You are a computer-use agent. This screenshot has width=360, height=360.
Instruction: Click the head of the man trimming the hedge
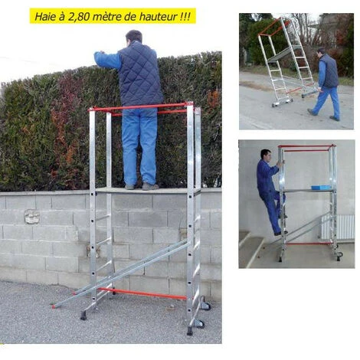click(134, 37)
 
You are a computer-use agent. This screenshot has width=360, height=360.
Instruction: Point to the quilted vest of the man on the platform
click(139, 74)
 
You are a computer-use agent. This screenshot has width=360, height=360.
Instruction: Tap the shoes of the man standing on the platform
click(142, 187)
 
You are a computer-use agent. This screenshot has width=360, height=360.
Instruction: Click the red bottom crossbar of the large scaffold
click(143, 293)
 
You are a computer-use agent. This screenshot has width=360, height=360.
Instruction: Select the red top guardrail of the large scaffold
click(139, 106)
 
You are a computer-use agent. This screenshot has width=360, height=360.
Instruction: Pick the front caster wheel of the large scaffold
click(199, 323)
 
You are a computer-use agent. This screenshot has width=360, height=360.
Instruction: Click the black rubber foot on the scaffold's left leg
click(83, 316)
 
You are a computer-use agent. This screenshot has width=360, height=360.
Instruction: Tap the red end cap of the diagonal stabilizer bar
click(54, 306)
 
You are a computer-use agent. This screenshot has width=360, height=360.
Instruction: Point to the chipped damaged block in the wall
click(32, 217)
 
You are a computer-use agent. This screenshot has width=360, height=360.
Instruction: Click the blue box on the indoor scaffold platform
click(320, 188)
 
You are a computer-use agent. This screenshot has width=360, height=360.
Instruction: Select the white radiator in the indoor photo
click(338, 227)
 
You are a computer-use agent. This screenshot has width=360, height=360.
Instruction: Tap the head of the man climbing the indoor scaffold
click(266, 155)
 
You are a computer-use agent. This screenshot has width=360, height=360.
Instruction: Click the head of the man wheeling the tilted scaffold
click(322, 51)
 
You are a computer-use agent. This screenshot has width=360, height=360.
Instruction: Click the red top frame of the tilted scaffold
click(274, 28)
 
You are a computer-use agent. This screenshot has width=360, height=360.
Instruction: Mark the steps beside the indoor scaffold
click(250, 247)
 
